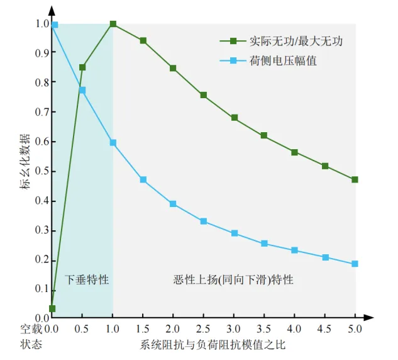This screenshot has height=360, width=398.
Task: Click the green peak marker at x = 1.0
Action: click(x=113, y=24)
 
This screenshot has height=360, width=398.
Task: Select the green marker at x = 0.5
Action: click(x=82, y=67)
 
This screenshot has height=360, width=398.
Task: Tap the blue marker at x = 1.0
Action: click(x=113, y=143)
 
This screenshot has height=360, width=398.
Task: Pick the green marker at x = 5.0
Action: click(x=355, y=179)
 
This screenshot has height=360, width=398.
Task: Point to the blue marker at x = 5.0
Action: click(x=355, y=264)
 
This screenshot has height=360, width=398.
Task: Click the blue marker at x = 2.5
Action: click(x=203, y=222)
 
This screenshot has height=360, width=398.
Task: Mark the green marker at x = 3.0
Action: click(x=234, y=118)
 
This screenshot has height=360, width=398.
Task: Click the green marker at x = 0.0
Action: click(x=52, y=308)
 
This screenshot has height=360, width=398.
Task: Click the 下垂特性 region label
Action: click(x=87, y=279)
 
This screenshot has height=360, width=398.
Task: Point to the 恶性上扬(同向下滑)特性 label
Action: click(x=233, y=279)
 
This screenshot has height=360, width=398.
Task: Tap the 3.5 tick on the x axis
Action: click(x=264, y=328)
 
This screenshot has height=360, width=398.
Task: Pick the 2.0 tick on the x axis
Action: click(x=173, y=328)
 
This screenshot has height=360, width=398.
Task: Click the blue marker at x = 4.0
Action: click(x=294, y=250)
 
